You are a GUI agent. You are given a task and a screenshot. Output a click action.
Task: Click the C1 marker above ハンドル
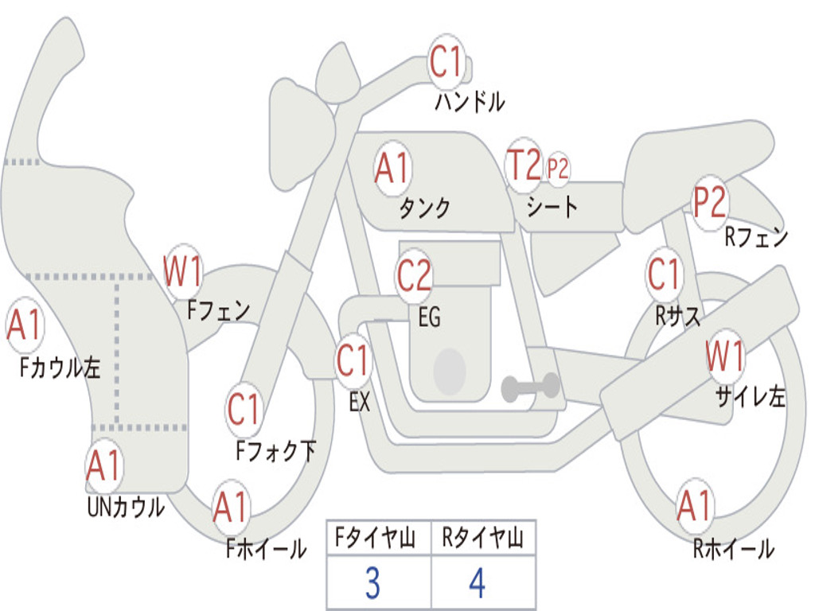coord(446,62)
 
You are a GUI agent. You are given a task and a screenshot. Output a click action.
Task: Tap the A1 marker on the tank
coord(392,168)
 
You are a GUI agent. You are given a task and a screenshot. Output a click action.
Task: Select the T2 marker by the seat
coord(524,165)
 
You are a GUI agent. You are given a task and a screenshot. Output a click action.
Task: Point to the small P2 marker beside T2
coord(558,169)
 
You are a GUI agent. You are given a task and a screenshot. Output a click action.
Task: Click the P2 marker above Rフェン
coord(709,204)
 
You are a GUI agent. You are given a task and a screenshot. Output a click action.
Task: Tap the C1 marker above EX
coord(353,362)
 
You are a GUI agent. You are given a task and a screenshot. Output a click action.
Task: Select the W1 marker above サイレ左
coord(725,356)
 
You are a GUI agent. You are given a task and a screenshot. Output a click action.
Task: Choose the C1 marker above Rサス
coord(664,275)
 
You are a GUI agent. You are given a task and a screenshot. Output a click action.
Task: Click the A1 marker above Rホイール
coord(695,506)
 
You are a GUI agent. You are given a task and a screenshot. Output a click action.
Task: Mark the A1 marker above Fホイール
coord(232,508)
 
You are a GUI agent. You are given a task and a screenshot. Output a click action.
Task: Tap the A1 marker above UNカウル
coord(104,466)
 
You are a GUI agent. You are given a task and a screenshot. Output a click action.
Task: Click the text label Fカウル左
coord(61,368)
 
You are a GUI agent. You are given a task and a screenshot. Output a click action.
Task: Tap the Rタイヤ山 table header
coord(483,540)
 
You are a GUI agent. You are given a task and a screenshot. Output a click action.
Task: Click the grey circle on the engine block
coord(450,370)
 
